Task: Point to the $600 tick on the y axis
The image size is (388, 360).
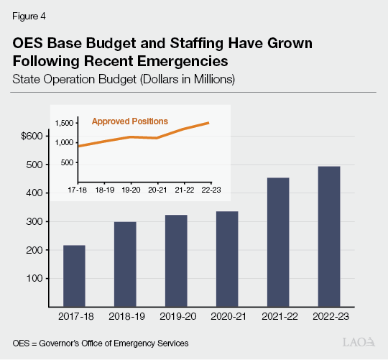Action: click(32, 136)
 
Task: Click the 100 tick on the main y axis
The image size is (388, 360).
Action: click(34, 278)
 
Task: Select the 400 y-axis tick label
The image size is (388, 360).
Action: click(34, 193)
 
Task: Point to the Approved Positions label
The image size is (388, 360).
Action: click(129, 121)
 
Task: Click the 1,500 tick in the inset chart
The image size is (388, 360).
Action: click(65, 123)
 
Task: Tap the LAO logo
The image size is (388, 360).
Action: click(357, 341)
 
